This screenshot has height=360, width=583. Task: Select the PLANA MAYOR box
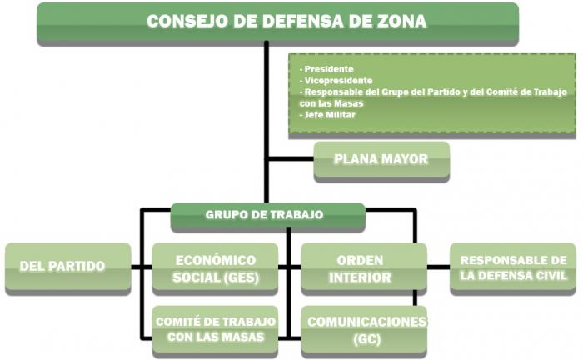[381, 160]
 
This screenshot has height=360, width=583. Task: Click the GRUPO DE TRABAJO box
[267, 215]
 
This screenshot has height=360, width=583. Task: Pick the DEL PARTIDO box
[68, 267]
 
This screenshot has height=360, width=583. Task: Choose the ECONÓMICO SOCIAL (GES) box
[215, 267]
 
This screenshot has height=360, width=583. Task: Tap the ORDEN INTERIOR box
[364, 267]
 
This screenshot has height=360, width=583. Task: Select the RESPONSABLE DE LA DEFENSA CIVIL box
[513, 267]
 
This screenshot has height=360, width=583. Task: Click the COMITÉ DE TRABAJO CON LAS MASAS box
[215, 329]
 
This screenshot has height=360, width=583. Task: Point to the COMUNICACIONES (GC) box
[364, 329]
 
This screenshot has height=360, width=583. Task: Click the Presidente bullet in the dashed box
[326, 69]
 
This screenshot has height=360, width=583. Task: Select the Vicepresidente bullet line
[336, 81]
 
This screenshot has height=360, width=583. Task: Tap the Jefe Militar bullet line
[327, 115]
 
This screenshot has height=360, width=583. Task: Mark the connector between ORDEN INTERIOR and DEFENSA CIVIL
[438, 267]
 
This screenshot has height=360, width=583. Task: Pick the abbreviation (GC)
[366, 339]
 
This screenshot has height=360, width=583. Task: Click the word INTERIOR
[360, 277]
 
